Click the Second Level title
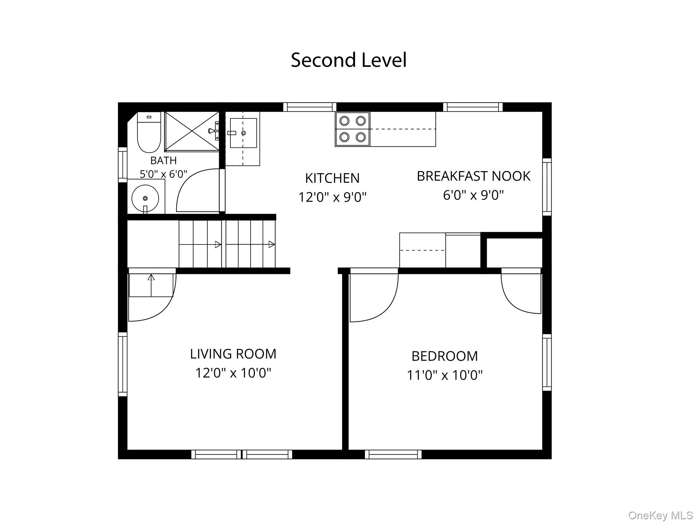pyautogui.click(x=348, y=60)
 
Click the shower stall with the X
pyautogui.click(x=192, y=131)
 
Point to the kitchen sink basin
pyautogui.click(x=243, y=133)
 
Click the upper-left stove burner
pyautogui.click(x=344, y=121)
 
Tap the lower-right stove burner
pyautogui.click(x=361, y=137)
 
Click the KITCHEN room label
pyautogui.click(x=332, y=178)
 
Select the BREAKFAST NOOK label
pyautogui.click(x=473, y=176)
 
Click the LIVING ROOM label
pyautogui.click(x=233, y=354)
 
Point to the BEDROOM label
pyautogui.click(x=444, y=356)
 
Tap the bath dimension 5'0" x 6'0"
pyautogui.click(x=163, y=174)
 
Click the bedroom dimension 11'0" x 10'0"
pyautogui.click(x=444, y=375)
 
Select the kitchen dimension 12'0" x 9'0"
pyautogui.click(x=332, y=197)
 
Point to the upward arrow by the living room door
pyautogui.click(x=151, y=285)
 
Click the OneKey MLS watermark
pyautogui.click(x=661, y=515)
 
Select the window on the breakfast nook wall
pyautogui.click(x=547, y=187)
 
